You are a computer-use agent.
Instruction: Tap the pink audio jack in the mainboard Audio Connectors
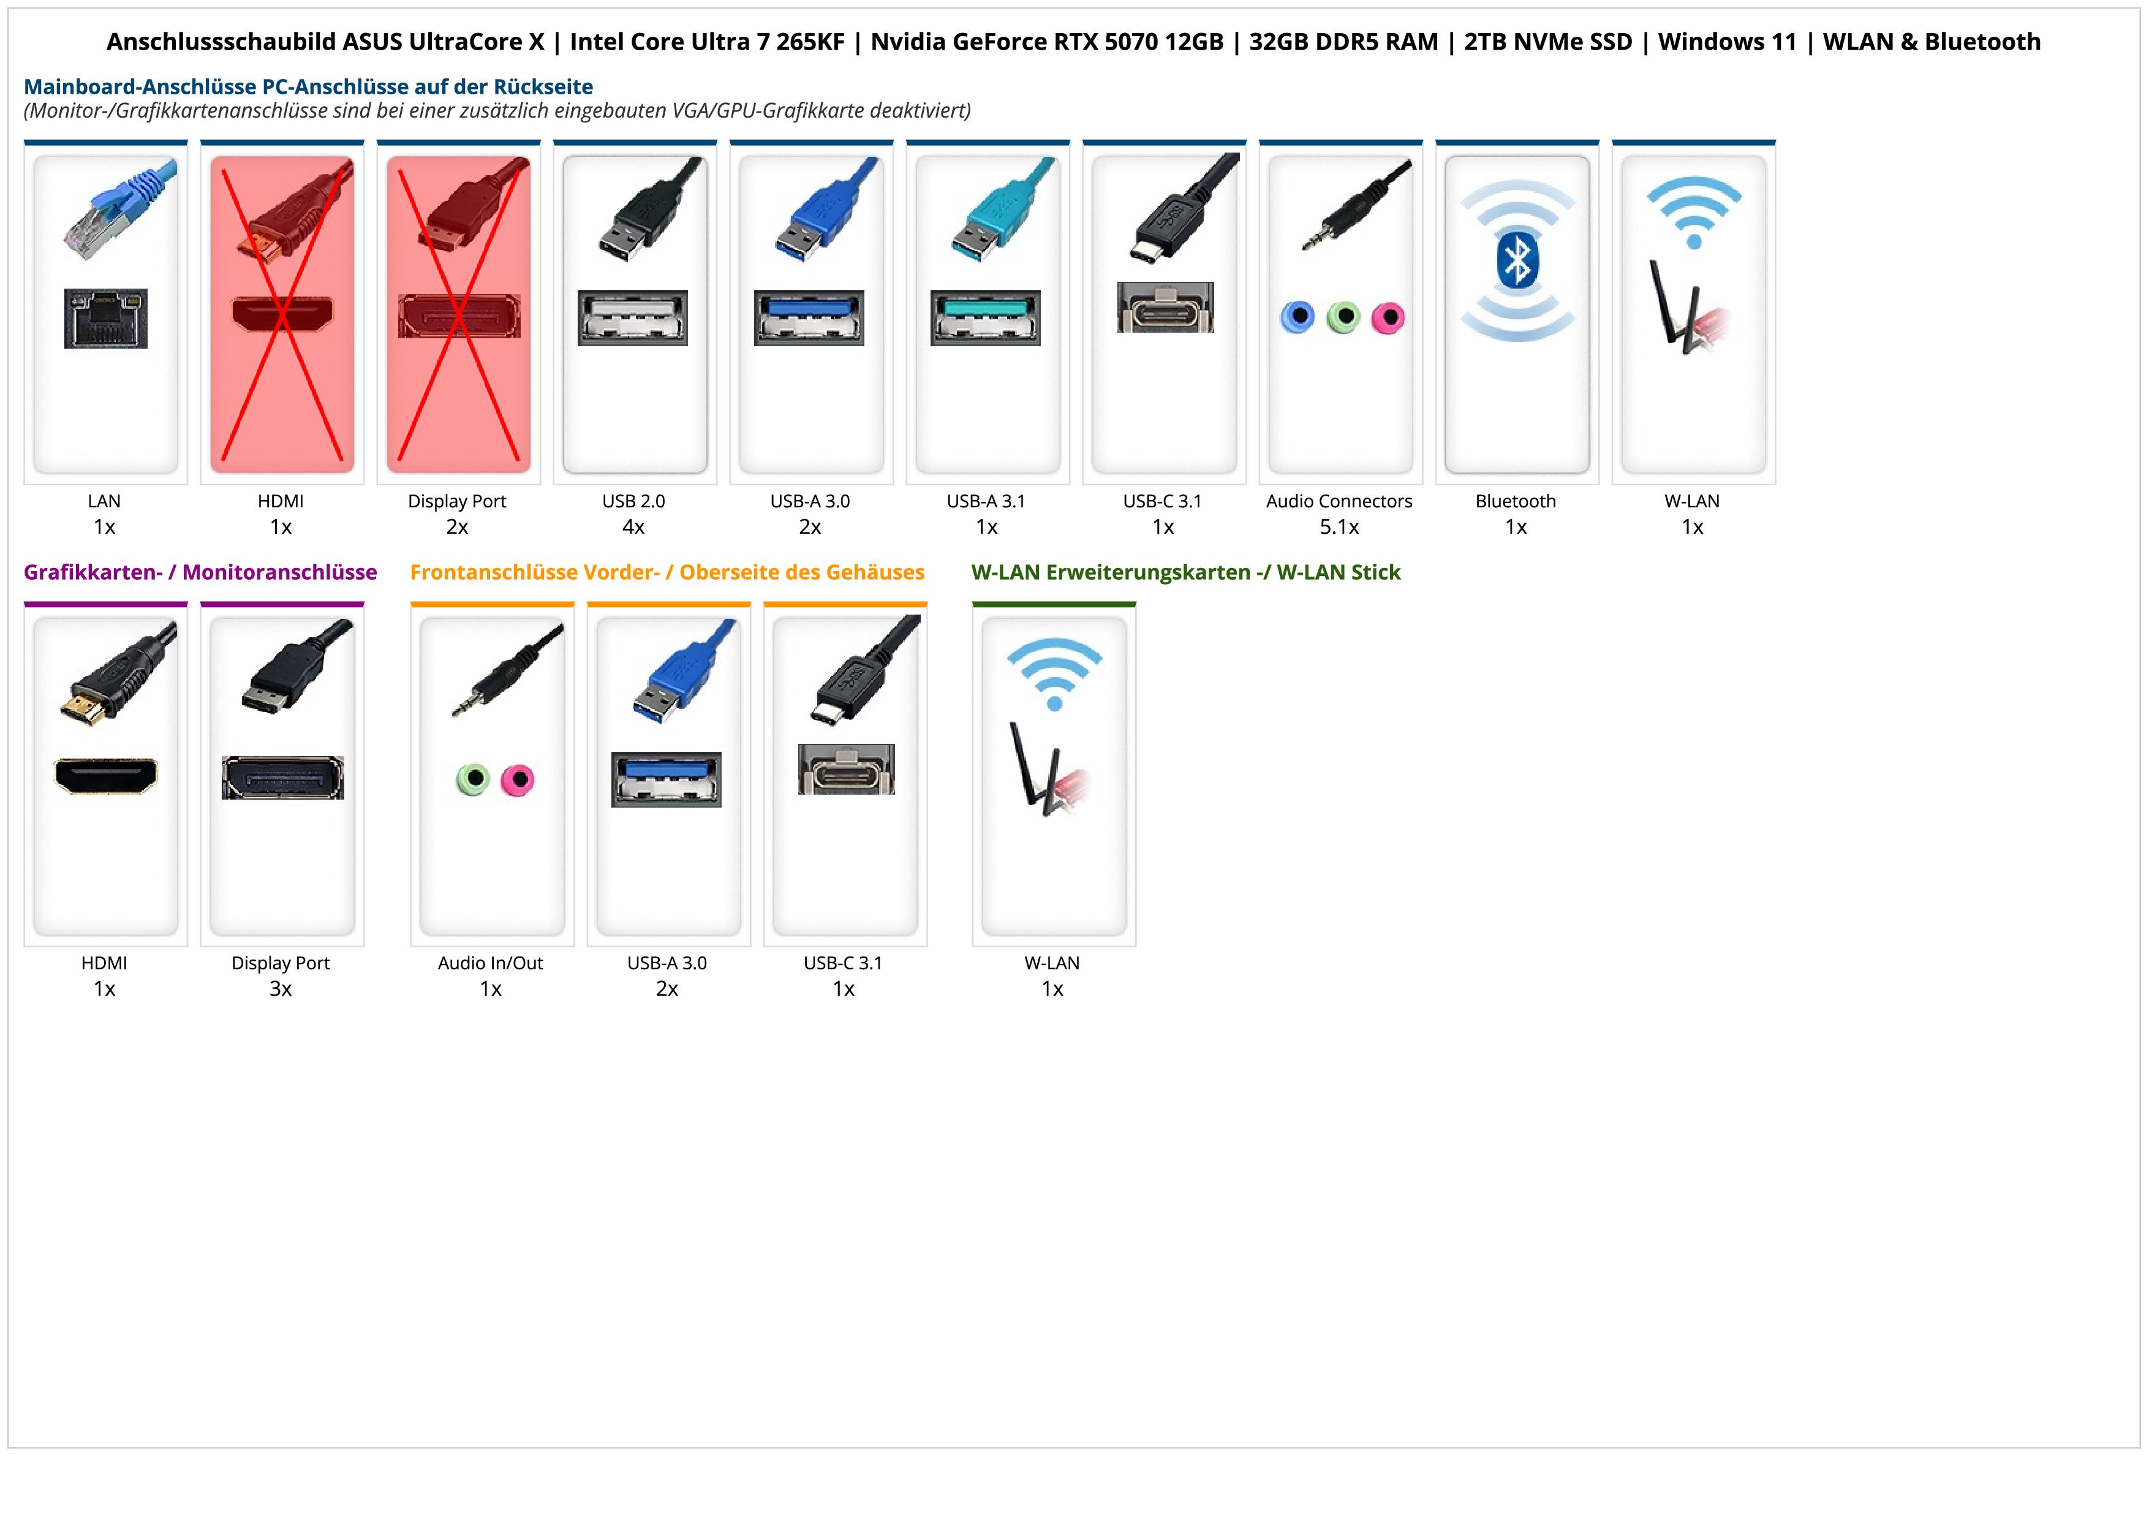pos(1388,318)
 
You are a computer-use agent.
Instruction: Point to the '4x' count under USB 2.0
pos(633,527)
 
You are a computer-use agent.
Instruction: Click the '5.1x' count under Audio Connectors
pos(1339,527)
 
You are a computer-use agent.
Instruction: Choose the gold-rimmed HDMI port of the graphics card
pos(106,776)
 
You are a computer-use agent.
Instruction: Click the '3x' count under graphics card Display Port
pos(281,989)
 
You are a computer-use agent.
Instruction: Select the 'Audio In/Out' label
pos(491,963)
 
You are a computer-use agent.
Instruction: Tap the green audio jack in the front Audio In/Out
pos(473,779)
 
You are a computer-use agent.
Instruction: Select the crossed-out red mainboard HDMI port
pos(282,314)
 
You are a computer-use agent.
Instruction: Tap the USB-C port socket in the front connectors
pos(846,770)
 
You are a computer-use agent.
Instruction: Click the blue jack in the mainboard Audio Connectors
pos(1297,317)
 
